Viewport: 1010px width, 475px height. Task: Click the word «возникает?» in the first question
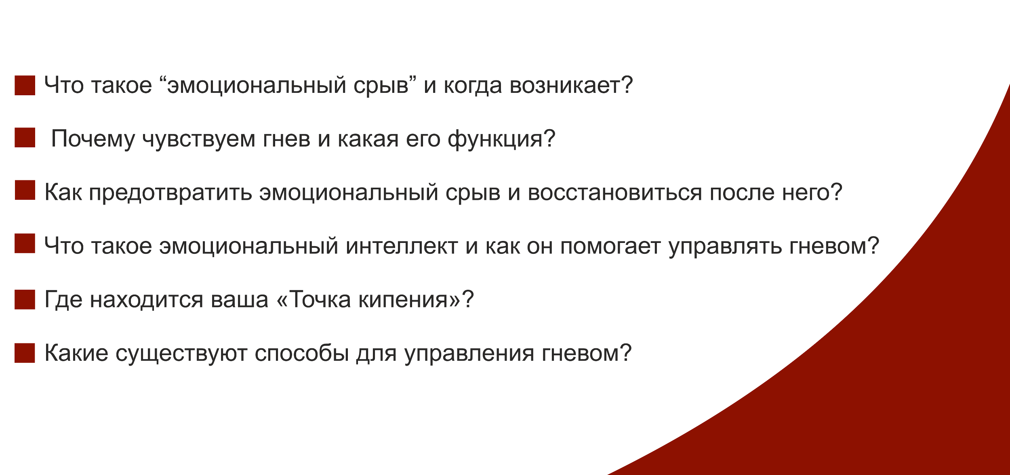coord(571,86)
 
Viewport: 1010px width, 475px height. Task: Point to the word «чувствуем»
coord(199,141)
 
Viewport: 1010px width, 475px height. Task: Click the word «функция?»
coord(501,139)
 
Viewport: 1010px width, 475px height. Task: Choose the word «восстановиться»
coord(614,193)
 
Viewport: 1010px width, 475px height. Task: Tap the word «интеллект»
coord(402,247)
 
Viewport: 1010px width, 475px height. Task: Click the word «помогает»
coord(610,247)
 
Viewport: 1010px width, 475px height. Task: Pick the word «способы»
coord(302,354)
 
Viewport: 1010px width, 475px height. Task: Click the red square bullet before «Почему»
coord(25,138)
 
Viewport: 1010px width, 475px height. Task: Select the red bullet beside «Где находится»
coord(25,299)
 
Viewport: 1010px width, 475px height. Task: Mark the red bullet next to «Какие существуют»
coord(25,353)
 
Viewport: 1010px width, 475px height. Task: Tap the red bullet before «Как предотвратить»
coord(25,190)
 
